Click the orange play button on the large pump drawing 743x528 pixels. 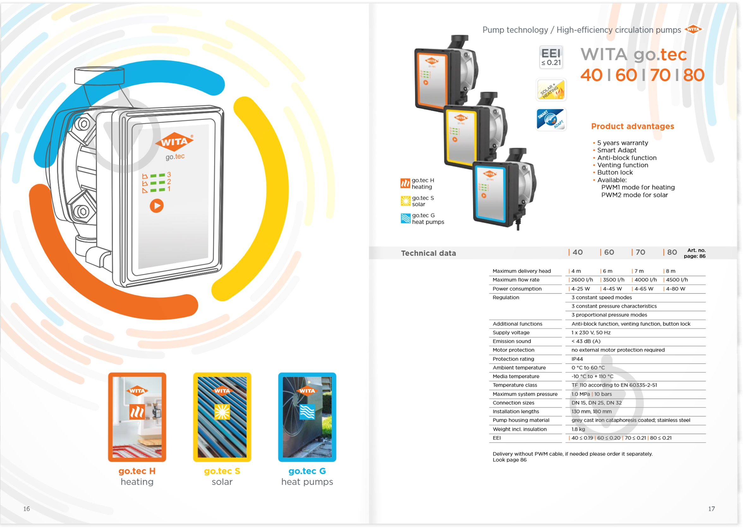pos(156,206)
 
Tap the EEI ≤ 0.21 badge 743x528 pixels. pos(551,57)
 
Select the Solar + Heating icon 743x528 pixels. pos(551,90)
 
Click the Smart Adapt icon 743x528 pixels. pos(551,119)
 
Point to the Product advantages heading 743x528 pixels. pos(632,126)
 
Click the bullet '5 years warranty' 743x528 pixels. pos(622,143)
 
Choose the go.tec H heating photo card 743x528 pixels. pos(137,417)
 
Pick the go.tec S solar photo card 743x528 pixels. pos(222,417)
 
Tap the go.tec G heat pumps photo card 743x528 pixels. pos(307,417)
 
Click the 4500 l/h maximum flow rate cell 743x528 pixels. pos(677,280)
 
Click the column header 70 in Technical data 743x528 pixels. pos(640,252)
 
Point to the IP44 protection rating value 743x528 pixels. pos(577,359)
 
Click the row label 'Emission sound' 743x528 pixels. pos(511,341)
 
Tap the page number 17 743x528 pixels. pos(711,508)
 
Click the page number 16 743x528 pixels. pos(26,508)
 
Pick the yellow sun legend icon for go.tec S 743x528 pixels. pos(405,201)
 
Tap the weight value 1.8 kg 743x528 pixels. pos(578,429)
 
